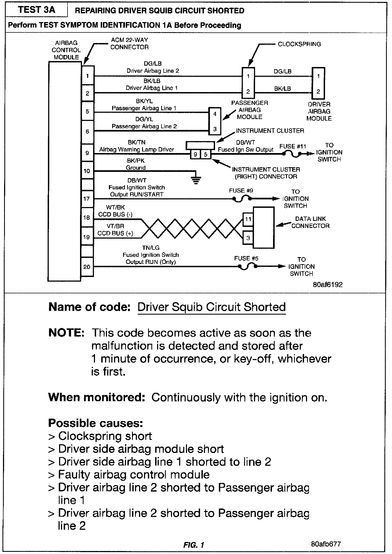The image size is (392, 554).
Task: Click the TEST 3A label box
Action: point(36,10)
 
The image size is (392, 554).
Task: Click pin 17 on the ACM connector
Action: point(87,199)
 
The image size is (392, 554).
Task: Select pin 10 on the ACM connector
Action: point(87,171)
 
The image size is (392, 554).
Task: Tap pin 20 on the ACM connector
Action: point(87,267)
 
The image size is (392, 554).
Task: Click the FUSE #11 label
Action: point(293,147)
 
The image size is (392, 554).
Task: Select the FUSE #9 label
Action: point(241,191)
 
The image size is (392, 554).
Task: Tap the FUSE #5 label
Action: point(246,258)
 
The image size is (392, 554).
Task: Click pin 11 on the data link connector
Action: point(248,219)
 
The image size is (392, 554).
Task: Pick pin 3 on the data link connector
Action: point(248,238)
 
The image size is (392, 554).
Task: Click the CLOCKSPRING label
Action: point(299,44)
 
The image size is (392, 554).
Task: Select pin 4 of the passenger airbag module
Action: point(215,114)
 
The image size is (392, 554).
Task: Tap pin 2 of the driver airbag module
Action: point(318,92)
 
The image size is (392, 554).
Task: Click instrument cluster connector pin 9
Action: point(195,154)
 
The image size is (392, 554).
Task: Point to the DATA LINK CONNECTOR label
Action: point(310,222)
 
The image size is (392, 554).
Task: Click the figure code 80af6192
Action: point(327,285)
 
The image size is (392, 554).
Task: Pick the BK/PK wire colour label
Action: point(136,161)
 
